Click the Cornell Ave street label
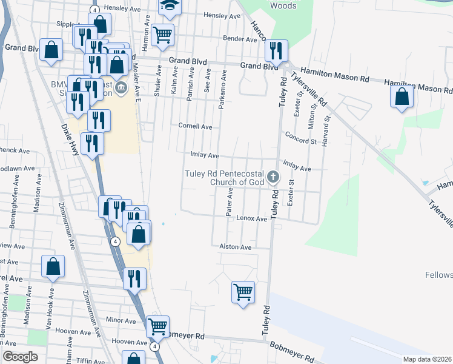(195, 127)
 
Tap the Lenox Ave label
(251, 218)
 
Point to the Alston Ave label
(236, 248)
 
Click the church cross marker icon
(273, 177)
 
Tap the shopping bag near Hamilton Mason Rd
(402, 96)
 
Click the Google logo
(21, 357)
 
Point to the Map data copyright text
(427, 359)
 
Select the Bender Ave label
(240, 39)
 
